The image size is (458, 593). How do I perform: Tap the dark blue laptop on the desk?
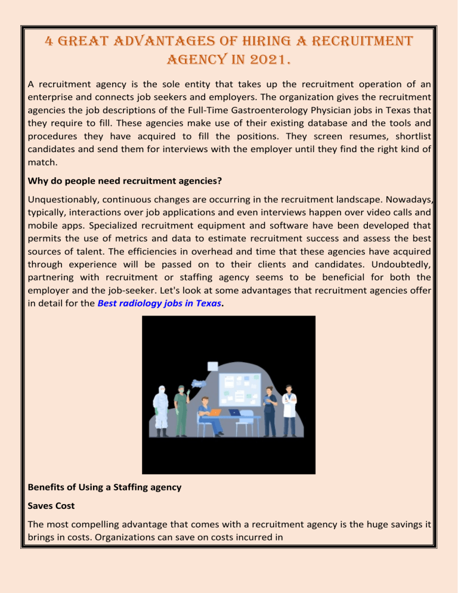[234, 411]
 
